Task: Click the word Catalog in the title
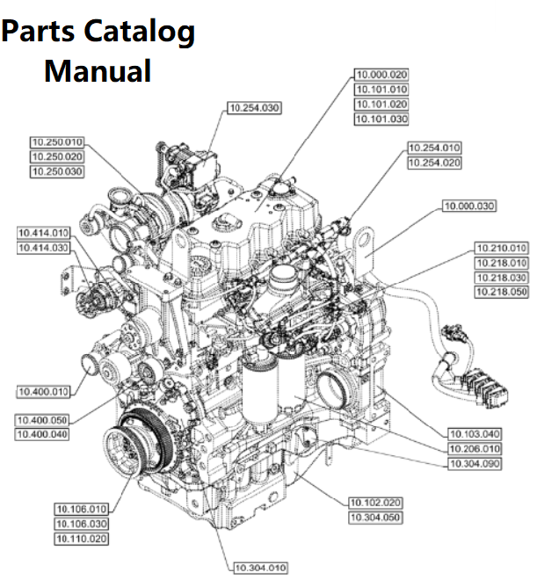[x=141, y=32]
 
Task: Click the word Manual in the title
[x=98, y=70]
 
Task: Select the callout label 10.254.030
[x=253, y=107]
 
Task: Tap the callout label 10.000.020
[x=381, y=76]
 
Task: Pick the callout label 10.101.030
[x=381, y=119]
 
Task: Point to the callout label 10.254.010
[x=434, y=148]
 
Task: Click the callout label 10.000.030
[x=468, y=207]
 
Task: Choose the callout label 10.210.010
[x=501, y=249]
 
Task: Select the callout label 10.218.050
[x=501, y=291]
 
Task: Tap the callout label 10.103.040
[x=475, y=434]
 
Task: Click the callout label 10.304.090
[x=475, y=462]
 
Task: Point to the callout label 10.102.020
[x=375, y=503]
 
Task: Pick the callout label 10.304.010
[x=261, y=569]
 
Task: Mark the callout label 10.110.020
[x=82, y=539]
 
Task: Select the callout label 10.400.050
[x=43, y=421]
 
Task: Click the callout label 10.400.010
[x=43, y=390]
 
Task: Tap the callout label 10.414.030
[x=43, y=249]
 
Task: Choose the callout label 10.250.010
[x=56, y=142]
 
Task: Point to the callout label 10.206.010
[x=475, y=448]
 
